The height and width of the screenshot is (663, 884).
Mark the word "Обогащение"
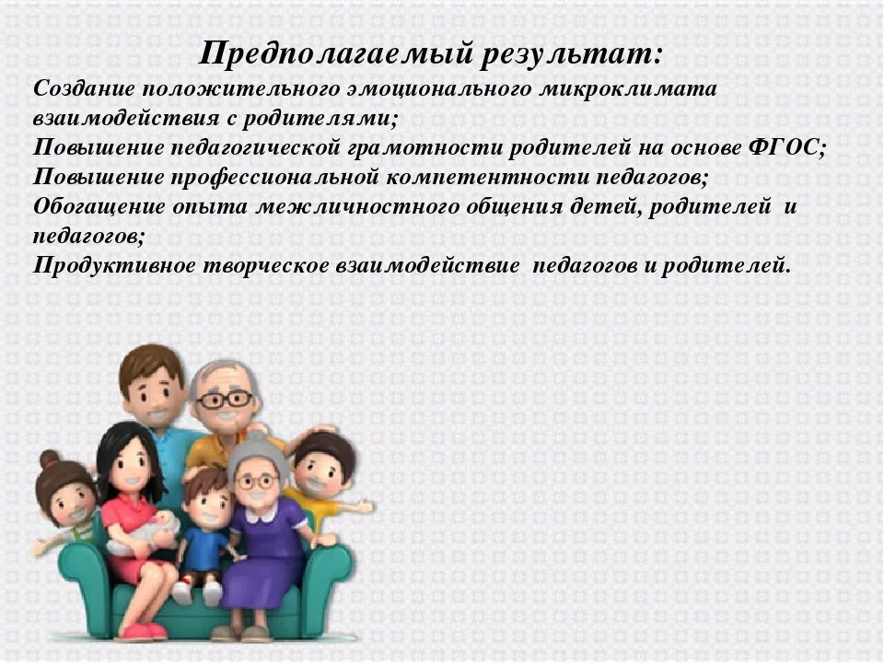[x=87, y=206]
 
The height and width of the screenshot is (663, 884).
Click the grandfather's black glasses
[x=224, y=399]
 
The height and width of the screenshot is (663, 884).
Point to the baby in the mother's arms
[x=147, y=535]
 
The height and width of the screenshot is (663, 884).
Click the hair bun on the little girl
[x=49, y=459]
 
